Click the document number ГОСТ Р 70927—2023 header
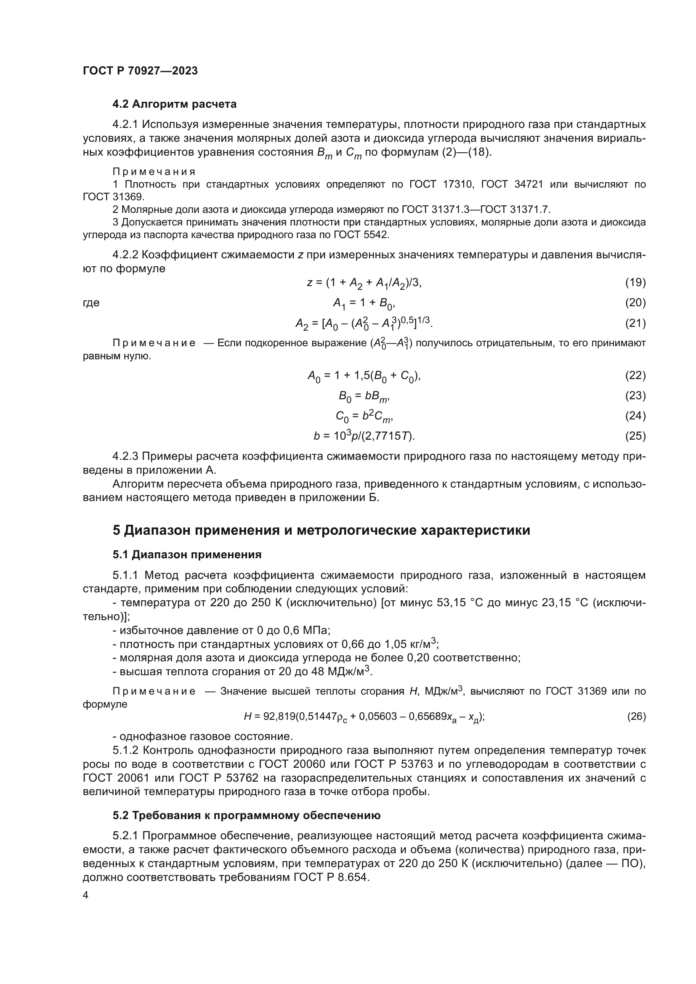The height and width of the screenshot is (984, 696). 140,71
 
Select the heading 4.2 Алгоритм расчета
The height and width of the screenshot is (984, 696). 175,104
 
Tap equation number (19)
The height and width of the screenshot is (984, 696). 635,282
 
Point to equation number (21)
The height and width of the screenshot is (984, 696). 635,323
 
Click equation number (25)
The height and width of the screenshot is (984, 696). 635,436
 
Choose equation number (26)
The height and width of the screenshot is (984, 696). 636,716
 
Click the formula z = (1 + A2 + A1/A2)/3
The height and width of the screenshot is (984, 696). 364,283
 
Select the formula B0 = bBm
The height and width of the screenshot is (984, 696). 364,396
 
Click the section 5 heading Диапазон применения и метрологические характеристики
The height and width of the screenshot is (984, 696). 321,530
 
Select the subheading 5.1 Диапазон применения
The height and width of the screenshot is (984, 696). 187,554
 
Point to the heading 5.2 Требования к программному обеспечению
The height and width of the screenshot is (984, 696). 247,815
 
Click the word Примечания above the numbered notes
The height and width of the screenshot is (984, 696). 154,172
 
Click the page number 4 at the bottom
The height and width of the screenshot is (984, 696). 86,895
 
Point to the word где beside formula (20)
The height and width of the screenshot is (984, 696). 91,303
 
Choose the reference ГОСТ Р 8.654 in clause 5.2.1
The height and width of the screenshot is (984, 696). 330,877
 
